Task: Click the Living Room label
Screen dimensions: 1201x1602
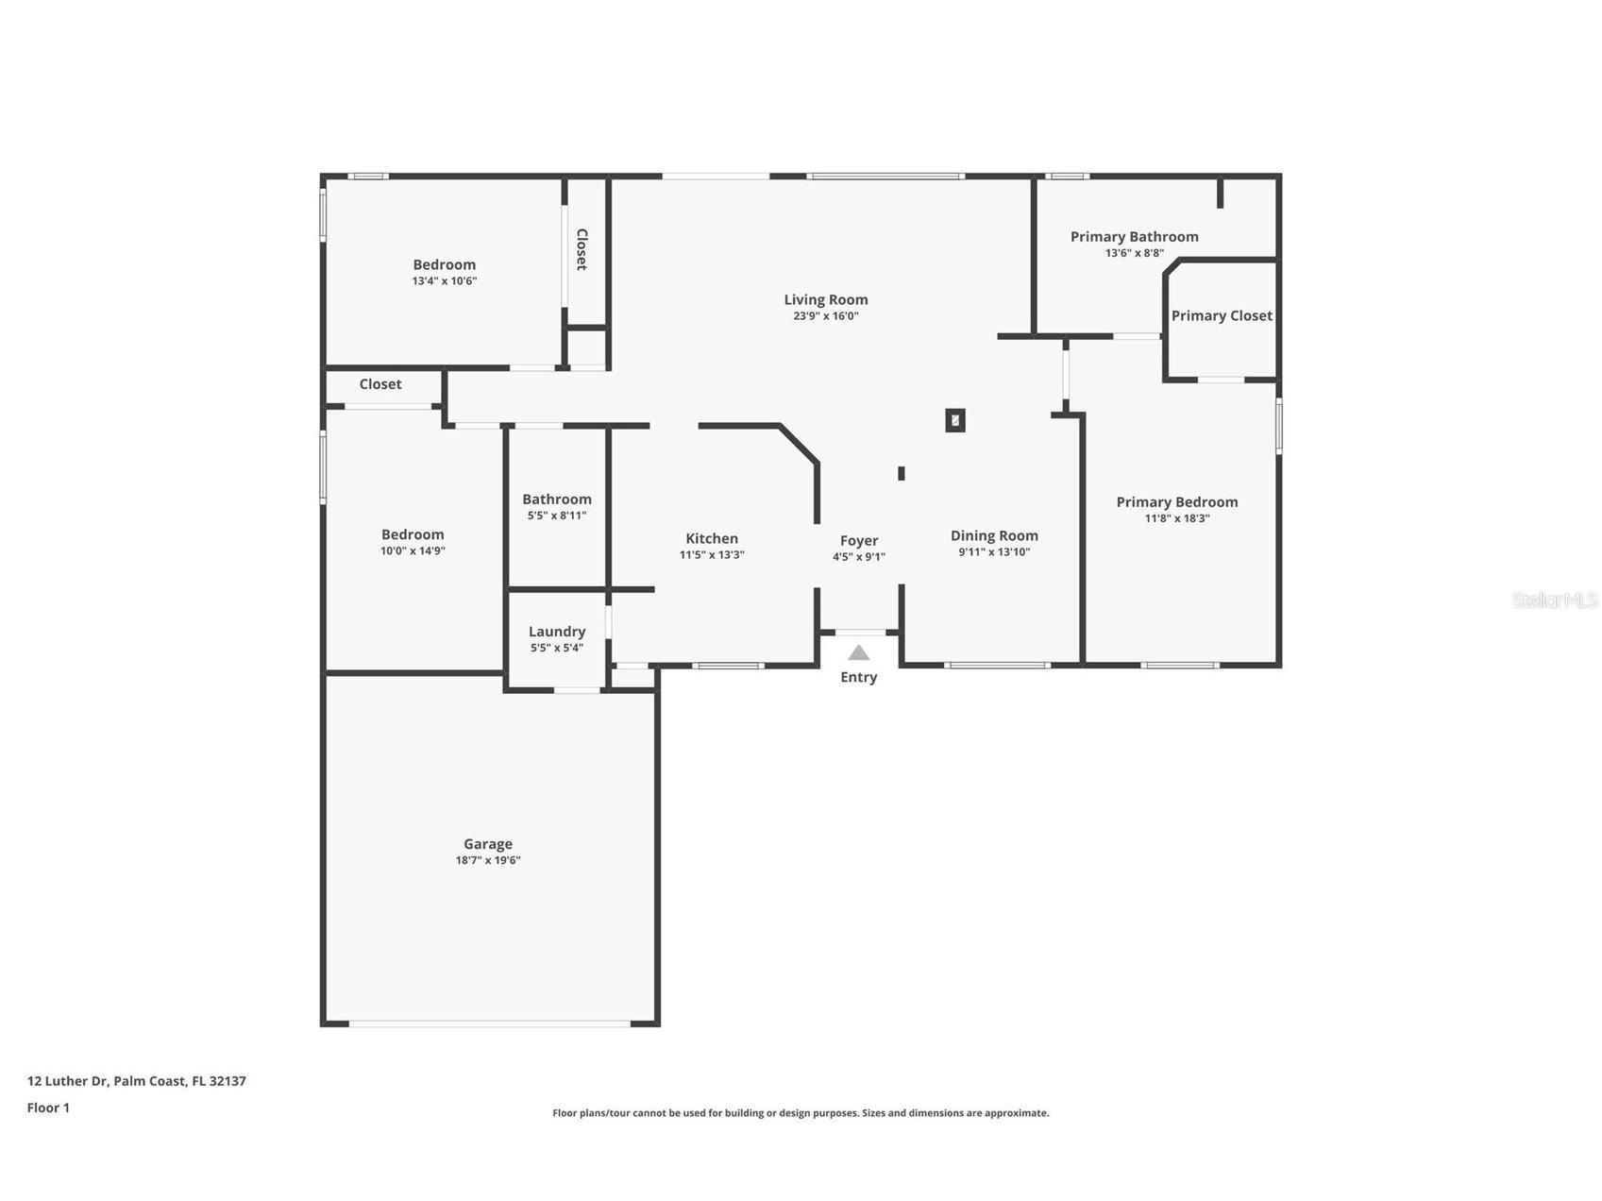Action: point(825,299)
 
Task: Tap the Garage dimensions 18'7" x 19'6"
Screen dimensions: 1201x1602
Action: point(487,860)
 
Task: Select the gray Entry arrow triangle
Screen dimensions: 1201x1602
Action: point(858,652)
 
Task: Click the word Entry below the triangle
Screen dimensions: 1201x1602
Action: point(858,677)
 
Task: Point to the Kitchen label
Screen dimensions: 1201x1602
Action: point(711,538)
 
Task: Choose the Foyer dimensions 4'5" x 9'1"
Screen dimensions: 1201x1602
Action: point(858,557)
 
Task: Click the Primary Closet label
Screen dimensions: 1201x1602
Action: point(1222,315)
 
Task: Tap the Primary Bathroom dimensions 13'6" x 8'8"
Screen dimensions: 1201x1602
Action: point(1134,253)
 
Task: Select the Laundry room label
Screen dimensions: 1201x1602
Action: point(556,631)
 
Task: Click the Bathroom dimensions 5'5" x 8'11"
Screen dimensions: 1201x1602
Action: point(556,516)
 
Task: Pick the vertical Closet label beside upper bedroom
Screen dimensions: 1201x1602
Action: point(582,249)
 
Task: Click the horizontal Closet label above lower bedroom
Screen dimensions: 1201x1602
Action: point(379,384)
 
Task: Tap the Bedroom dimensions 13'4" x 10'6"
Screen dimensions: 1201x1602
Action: point(444,280)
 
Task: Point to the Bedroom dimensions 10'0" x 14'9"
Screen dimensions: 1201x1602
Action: point(413,550)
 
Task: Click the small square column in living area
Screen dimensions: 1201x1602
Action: point(954,420)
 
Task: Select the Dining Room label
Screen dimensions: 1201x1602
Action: point(993,535)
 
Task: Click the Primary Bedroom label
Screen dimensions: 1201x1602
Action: point(1176,501)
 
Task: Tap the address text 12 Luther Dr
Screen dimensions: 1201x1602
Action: point(136,1081)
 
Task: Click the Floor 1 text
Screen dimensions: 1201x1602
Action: point(48,1108)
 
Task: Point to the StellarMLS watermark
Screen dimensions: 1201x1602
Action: point(1554,600)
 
